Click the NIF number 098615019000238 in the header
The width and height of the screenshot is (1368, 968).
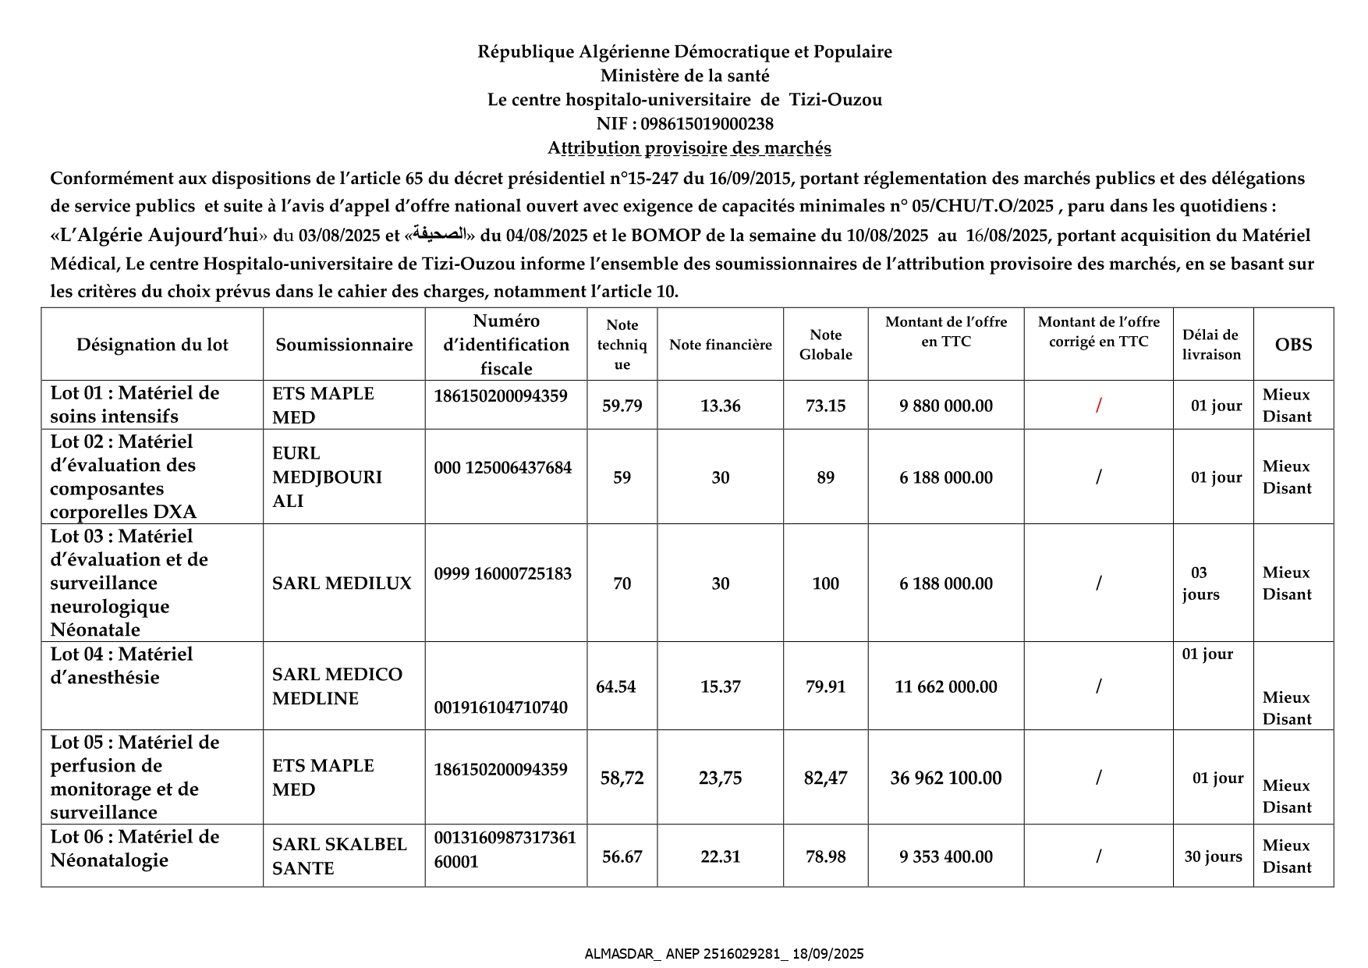pyautogui.click(x=707, y=124)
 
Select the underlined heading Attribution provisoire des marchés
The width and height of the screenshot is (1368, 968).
pyautogui.click(x=689, y=148)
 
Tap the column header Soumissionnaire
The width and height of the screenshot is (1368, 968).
pyautogui.click(x=344, y=345)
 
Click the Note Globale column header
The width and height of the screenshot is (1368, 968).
pyautogui.click(x=825, y=345)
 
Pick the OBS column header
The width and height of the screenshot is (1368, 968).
pyautogui.click(x=1293, y=345)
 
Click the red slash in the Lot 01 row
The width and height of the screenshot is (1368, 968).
pyautogui.click(x=1098, y=406)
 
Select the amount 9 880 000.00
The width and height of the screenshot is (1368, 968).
pyautogui.click(x=945, y=406)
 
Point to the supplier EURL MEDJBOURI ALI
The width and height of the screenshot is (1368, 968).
pyautogui.click(x=327, y=477)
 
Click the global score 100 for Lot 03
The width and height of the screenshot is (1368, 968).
pyautogui.click(x=825, y=583)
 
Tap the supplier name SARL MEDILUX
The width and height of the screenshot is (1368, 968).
pyautogui.click(x=342, y=583)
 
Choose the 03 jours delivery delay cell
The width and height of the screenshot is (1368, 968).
pyautogui.click(x=1200, y=583)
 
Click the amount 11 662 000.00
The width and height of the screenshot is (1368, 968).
pyautogui.click(x=945, y=686)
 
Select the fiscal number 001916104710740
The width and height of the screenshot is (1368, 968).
pyautogui.click(x=501, y=707)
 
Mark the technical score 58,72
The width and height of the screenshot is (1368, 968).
pyautogui.click(x=622, y=778)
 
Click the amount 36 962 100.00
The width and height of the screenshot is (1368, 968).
pyautogui.click(x=945, y=778)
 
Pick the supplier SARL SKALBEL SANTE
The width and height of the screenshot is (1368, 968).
pyautogui.click(x=339, y=856)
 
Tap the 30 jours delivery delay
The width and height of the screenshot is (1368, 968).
pyautogui.click(x=1213, y=856)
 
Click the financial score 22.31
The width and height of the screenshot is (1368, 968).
pyautogui.click(x=720, y=856)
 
